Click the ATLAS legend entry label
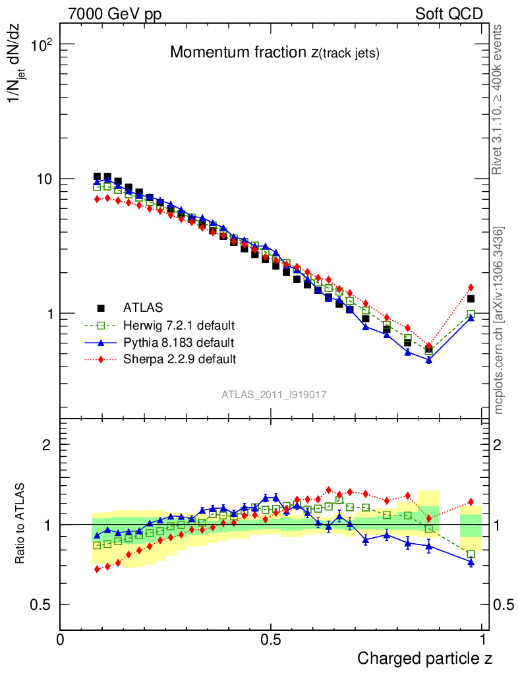[143, 307]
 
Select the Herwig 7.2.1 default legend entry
[179, 325]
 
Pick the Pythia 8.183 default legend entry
[179, 342]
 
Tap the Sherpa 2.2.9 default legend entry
[179, 359]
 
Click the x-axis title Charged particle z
[424, 659]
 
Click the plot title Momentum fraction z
[274, 53]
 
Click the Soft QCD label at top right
[449, 14]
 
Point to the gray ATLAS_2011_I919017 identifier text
[274, 394]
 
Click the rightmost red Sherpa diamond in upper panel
[471, 287]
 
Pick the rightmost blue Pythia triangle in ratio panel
[471, 562]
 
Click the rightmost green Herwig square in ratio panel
[471, 554]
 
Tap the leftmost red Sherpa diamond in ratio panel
[98, 569]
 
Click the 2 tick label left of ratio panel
[46, 445]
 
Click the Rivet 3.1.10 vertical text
[499, 100]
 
